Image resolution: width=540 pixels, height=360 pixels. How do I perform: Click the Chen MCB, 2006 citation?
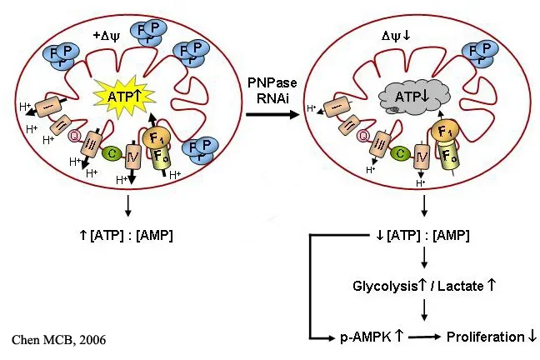[59, 339]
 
